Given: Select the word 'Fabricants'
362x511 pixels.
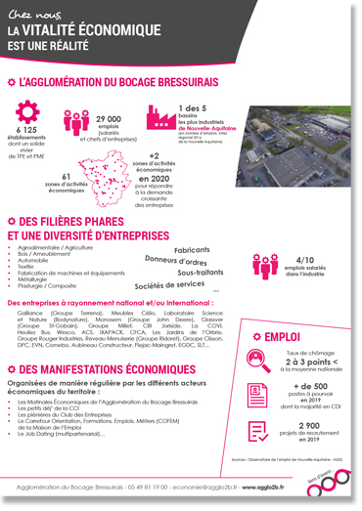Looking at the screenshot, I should pyautogui.click(x=193, y=250).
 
